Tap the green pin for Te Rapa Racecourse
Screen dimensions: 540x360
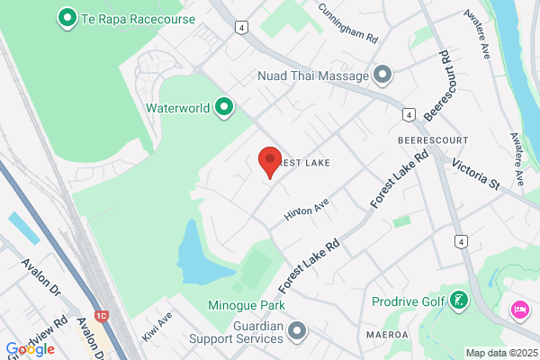[65, 16]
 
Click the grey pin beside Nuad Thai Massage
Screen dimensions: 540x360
[383, 75]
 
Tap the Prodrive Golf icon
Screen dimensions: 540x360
[459, 301]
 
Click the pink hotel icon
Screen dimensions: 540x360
[519, 310]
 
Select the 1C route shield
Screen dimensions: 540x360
[101, 316]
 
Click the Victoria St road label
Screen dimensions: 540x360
[475, 170]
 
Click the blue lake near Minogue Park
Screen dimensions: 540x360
[194, 252]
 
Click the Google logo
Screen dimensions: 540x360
[31, 348]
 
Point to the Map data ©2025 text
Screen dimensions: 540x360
[501, 353]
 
